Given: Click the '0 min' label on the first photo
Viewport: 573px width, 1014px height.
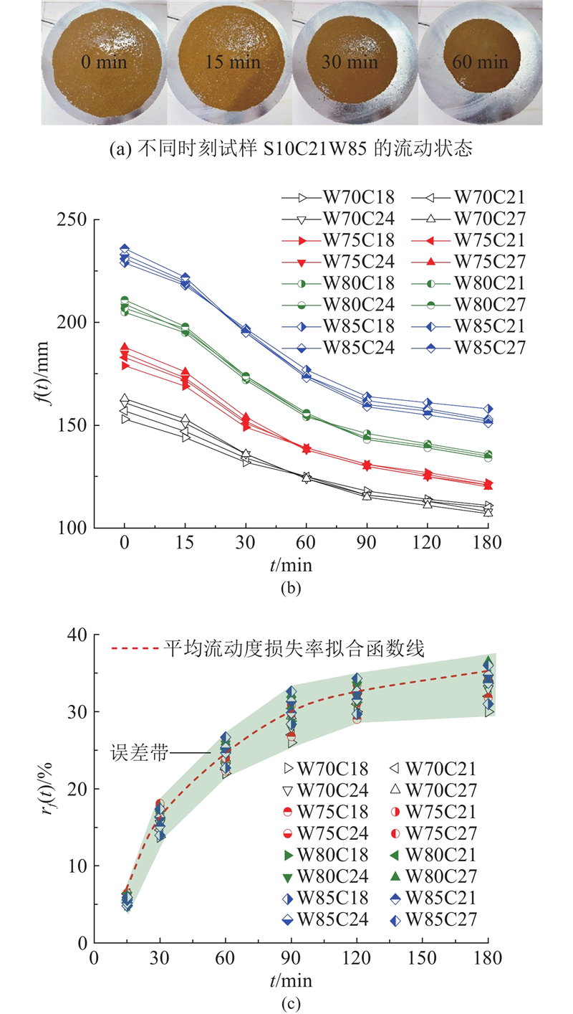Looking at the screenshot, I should [x=104, y=62].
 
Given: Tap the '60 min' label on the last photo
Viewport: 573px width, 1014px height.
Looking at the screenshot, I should [x=480, y=62].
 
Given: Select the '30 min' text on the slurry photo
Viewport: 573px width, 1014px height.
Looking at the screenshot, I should [x=350, y=62].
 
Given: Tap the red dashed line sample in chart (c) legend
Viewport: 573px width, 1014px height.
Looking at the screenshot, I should [x=135, y=650].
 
